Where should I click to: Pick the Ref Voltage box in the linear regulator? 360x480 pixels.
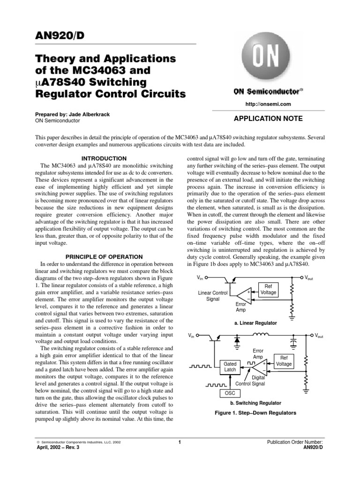click(269, 289)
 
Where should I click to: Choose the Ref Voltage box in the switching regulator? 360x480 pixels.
click(284, 360)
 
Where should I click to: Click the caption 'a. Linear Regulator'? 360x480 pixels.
click(255, 323)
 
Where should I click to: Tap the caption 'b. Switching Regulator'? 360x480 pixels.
click(255, 403)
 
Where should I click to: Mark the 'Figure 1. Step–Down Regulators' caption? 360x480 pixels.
click(255, 413)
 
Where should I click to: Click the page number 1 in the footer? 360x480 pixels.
click(180, 442)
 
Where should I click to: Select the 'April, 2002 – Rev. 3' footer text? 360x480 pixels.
click(58, 448)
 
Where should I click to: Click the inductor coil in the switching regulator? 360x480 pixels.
click(262, 335)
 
